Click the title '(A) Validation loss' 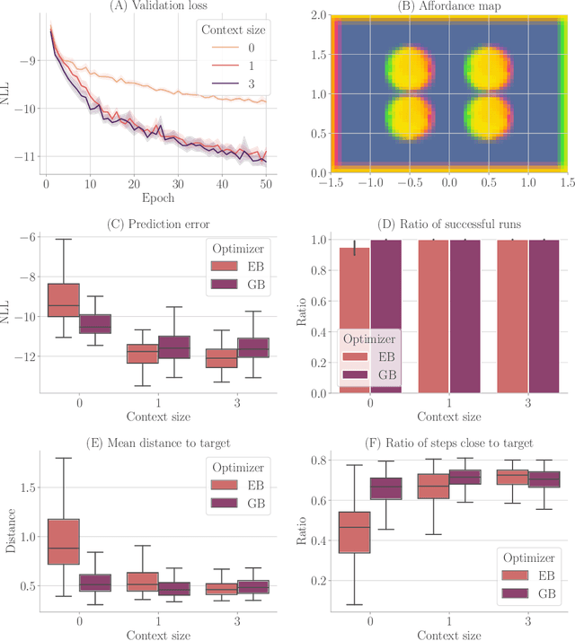160,7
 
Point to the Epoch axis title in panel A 160,198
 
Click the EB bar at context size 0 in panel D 353,320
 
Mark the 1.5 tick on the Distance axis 26,487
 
